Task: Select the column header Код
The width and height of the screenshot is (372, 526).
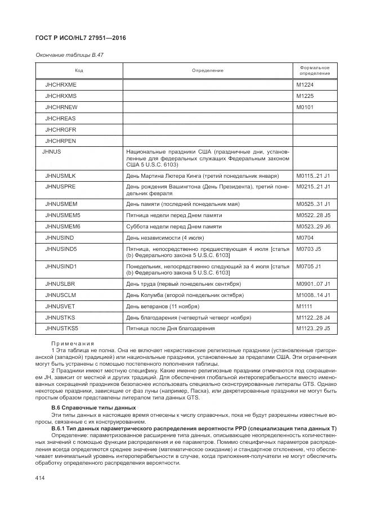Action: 79,70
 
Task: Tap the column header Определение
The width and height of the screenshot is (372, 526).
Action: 207,70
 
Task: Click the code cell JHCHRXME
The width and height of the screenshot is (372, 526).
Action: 61,84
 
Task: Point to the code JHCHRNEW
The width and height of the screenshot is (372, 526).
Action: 61,107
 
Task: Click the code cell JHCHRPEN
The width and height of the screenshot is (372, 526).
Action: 60,141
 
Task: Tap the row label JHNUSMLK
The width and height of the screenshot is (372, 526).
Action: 60,176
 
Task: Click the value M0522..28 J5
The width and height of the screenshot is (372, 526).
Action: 313,215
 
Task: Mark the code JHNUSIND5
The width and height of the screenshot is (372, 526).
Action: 61,249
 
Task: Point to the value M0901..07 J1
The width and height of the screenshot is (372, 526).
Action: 313,284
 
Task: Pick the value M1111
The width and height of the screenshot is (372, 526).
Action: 304,306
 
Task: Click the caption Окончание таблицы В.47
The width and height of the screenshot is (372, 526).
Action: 69,55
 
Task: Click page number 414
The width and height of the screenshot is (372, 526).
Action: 40,478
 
